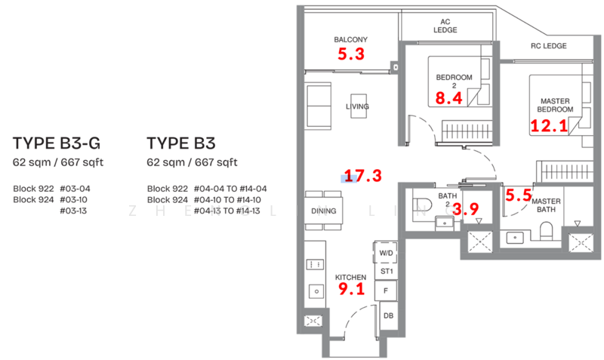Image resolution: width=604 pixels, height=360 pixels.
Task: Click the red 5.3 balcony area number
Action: point(350,54)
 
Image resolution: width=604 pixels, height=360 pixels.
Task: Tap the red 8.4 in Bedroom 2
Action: point(450,97)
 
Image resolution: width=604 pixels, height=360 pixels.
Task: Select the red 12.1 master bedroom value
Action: point(549,126)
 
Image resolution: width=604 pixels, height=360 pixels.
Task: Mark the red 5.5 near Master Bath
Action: point(519,195)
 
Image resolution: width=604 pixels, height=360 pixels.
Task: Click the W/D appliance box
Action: point(386,252)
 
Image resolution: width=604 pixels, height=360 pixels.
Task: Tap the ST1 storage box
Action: point(386,271)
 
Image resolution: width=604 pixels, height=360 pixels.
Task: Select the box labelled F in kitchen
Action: point(386,291)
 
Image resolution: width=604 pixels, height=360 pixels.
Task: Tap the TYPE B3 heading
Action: point(181,143)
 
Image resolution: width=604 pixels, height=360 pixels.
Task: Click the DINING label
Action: point(323,211)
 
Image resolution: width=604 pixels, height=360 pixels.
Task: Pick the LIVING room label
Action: point(357,106)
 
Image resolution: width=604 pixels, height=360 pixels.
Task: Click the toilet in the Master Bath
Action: point(549,232)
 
